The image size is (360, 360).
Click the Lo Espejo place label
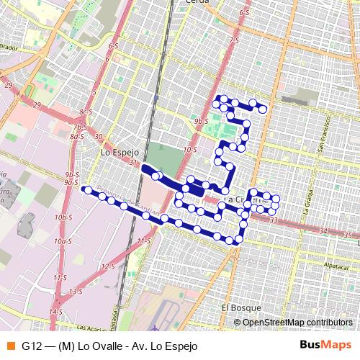click(x=117, y=152)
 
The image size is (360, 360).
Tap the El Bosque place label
click(x=235, y=307)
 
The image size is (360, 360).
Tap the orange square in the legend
click(x=9, y=346)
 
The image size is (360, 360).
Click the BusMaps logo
click(x=325, y=346)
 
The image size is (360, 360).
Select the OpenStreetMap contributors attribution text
click(x=296, y=322)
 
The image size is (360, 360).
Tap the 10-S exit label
click(x=190, y=149)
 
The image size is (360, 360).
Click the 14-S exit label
click(x=55, y=311)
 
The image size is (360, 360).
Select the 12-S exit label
click(x=108, y=266)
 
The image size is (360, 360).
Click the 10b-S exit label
click(x=64, y=217)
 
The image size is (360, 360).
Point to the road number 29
click(x=9, y=86)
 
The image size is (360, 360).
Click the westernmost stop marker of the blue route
click(x=86, y=190)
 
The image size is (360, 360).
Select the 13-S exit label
click(x=76, y=291)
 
